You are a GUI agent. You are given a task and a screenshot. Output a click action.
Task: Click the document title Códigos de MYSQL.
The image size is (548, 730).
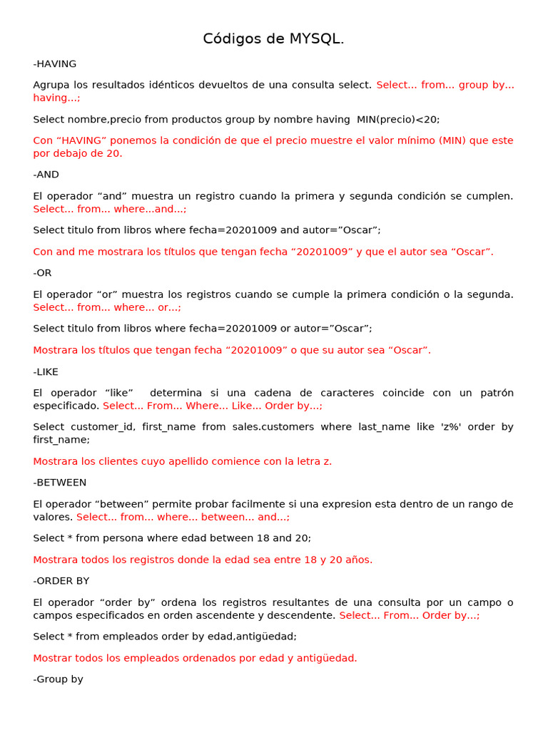pyautogui.click(x=273, y=38)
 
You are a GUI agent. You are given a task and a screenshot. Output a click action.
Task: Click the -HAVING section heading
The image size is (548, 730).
pyautogui.click(x=55, y=63)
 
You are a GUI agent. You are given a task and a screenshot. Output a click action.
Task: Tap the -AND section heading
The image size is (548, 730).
pyautogui.click(x=46, y=174)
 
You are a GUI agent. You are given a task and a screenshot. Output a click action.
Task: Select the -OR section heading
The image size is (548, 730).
pyautogui.click(x=43, y=272)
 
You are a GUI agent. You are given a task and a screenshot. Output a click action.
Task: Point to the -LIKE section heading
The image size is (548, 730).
pyautogui.click(x=46, y=371)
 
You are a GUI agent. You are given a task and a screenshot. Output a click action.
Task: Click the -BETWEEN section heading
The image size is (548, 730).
pyautogui.click(x=60, y=482)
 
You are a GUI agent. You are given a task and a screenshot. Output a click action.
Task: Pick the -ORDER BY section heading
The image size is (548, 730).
pyautogui.click(x=61, y=580)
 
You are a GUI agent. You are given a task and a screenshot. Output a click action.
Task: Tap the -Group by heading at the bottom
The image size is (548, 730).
pyautogui.click(x=59, y=679)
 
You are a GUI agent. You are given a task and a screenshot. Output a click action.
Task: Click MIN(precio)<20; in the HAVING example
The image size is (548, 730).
pyautogui.click(x=399, y=119)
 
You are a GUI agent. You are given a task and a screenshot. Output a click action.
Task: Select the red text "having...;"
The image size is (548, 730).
pyautogui.click(x=57, y=98)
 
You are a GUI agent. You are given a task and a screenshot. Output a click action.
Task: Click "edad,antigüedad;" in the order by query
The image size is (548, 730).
pyautogui.click(x=255, y=636)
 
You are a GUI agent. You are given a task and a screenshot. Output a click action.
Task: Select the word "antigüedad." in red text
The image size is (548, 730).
pyautogui.click(x=328, y=657)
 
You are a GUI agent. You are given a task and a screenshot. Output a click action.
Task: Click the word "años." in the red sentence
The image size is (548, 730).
pyautogui.click(x=358, y=559)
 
